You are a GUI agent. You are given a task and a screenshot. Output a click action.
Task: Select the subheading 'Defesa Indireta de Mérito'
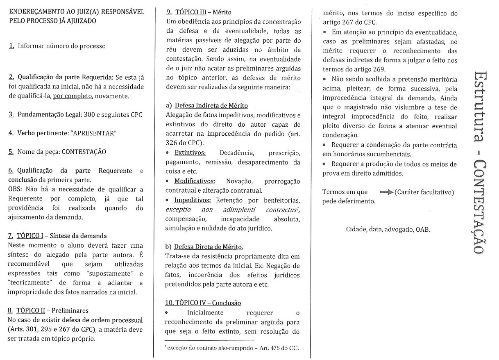pyautogui.click(x=211, y=106)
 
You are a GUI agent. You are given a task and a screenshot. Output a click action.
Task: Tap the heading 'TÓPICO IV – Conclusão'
pyautogui.click(x=203, y=303)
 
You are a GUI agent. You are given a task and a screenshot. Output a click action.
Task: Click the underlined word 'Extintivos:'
pyautogui.click(x=190, y=153)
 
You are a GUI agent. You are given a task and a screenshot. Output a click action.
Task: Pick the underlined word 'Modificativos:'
pyautogui.click(x=195, y=181)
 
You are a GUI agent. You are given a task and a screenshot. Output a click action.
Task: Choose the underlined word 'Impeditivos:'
pyautogui.click(x=193, y=200)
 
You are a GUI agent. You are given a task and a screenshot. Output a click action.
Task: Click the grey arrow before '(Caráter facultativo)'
pyautogui.click(x=386, y=192)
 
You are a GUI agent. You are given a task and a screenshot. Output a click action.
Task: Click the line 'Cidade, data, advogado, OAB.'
pyautogui.click(x=388, y=229)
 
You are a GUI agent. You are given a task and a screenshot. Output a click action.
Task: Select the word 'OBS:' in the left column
pyautogui.click(x=16, y=189)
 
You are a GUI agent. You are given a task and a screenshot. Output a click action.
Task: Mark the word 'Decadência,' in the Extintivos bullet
pyautogui.click(x=237, y=153)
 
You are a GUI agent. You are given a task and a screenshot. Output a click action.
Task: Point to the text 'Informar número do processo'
pyautogui.click(x=61, y=46)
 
